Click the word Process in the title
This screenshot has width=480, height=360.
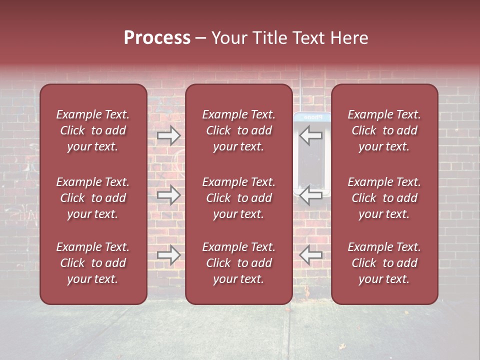click(x=157, y=38)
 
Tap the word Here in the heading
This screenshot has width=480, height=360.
click(x=349, y=38)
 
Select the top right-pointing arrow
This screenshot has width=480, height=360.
click(x=168, y=135)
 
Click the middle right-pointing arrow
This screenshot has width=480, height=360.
click(x=168, y=194)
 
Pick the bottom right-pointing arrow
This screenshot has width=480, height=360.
click(x=168, y=255)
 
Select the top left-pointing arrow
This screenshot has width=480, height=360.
click(x=310, y=135)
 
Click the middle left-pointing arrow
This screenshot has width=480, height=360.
click(x=310, y=194)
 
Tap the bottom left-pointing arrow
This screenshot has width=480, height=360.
click(x=310, y=255)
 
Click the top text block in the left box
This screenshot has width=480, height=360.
click(x=93, y=130)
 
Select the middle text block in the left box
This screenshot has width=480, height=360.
click(x=93, y=198)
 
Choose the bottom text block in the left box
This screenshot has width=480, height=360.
click(x=93, y=263)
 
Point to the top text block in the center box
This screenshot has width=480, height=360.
click(x=239, y=130)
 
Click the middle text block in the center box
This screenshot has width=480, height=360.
click(x=239, y=198)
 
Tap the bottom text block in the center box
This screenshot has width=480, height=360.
click(x=239, y=263)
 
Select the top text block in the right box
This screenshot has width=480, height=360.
click(x=384, y=130)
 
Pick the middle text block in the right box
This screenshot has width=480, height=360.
click(x=384, y=198)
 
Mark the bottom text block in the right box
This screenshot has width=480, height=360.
click(x=384, y=263)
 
